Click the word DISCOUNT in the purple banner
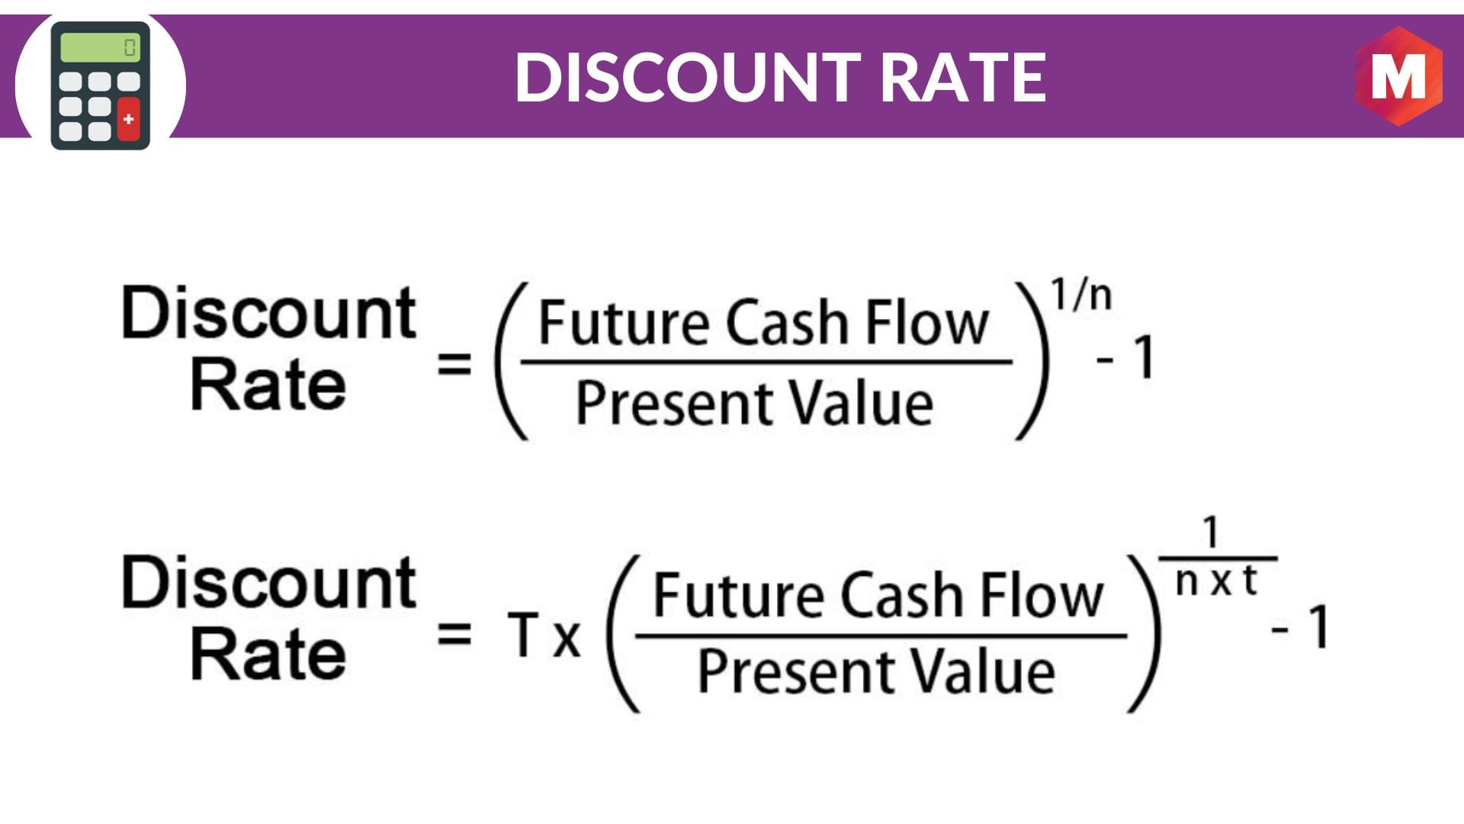[x=688, y=77]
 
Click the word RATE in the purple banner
[x=963, y=77]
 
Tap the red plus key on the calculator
[x=129, y=118]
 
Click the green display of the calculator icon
[x=100, y=47]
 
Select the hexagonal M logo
[x=1399, y=76]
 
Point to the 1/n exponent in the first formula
[x=1082, y=295]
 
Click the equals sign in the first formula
[x=454, y=363]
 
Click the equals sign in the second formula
[x=454, y=633]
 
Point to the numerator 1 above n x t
[x=1212, y=532]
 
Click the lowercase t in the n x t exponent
[x=1249, y=581]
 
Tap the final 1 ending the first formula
[x=1144, y=357]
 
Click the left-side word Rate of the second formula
[x=268, y=655]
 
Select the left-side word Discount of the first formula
[x=268, y=313]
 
